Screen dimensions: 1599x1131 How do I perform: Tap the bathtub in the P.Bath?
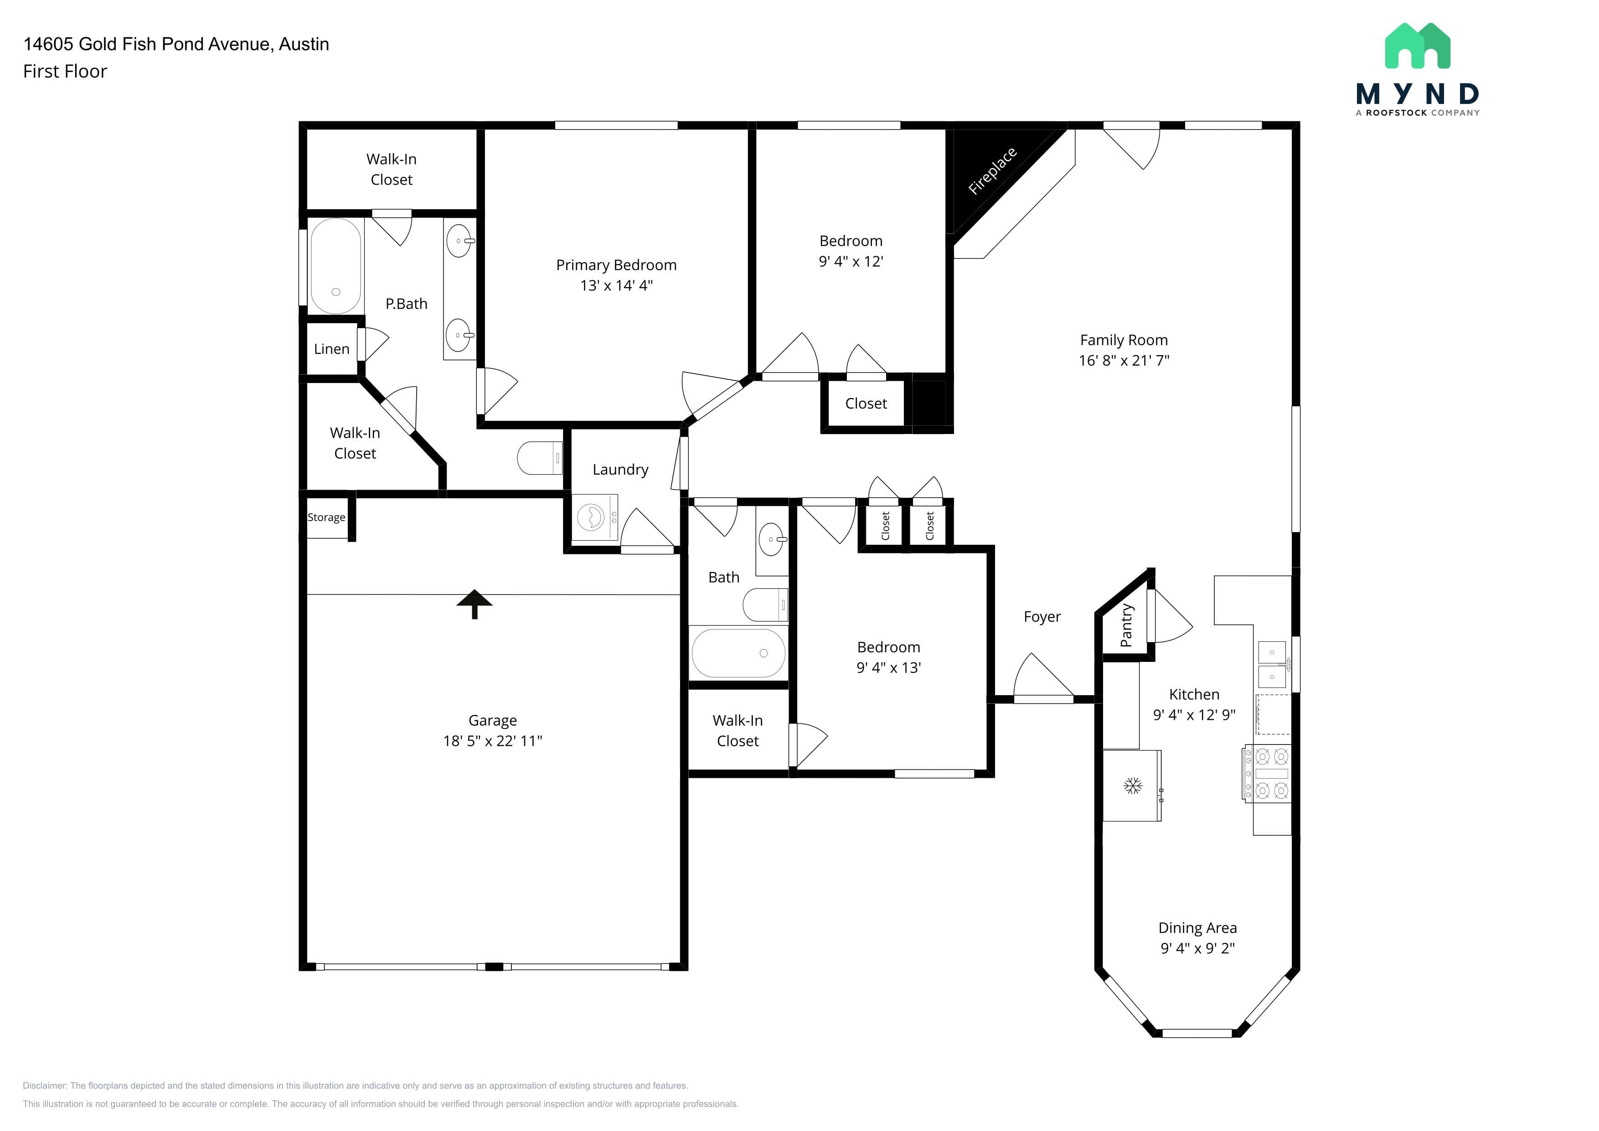click(x=335, y=266)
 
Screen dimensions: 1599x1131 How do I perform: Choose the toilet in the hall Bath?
click(x=765, y=604)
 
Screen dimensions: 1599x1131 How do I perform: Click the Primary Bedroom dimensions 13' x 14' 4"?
click(x=616, y=285)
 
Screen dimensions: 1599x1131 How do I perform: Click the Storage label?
click(x=326, y=517)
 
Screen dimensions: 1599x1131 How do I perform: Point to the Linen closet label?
click(x=331, y=349)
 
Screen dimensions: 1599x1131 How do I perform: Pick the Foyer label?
click(x=1042, y=617)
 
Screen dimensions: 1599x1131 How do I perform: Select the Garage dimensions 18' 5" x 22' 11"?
click(x=492, y=741)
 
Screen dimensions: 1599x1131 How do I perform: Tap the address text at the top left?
click(x=176, y=44)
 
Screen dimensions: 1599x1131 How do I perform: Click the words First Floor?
click(x=65, y=71)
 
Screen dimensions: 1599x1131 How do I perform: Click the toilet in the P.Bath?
click(x=540, y=458)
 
